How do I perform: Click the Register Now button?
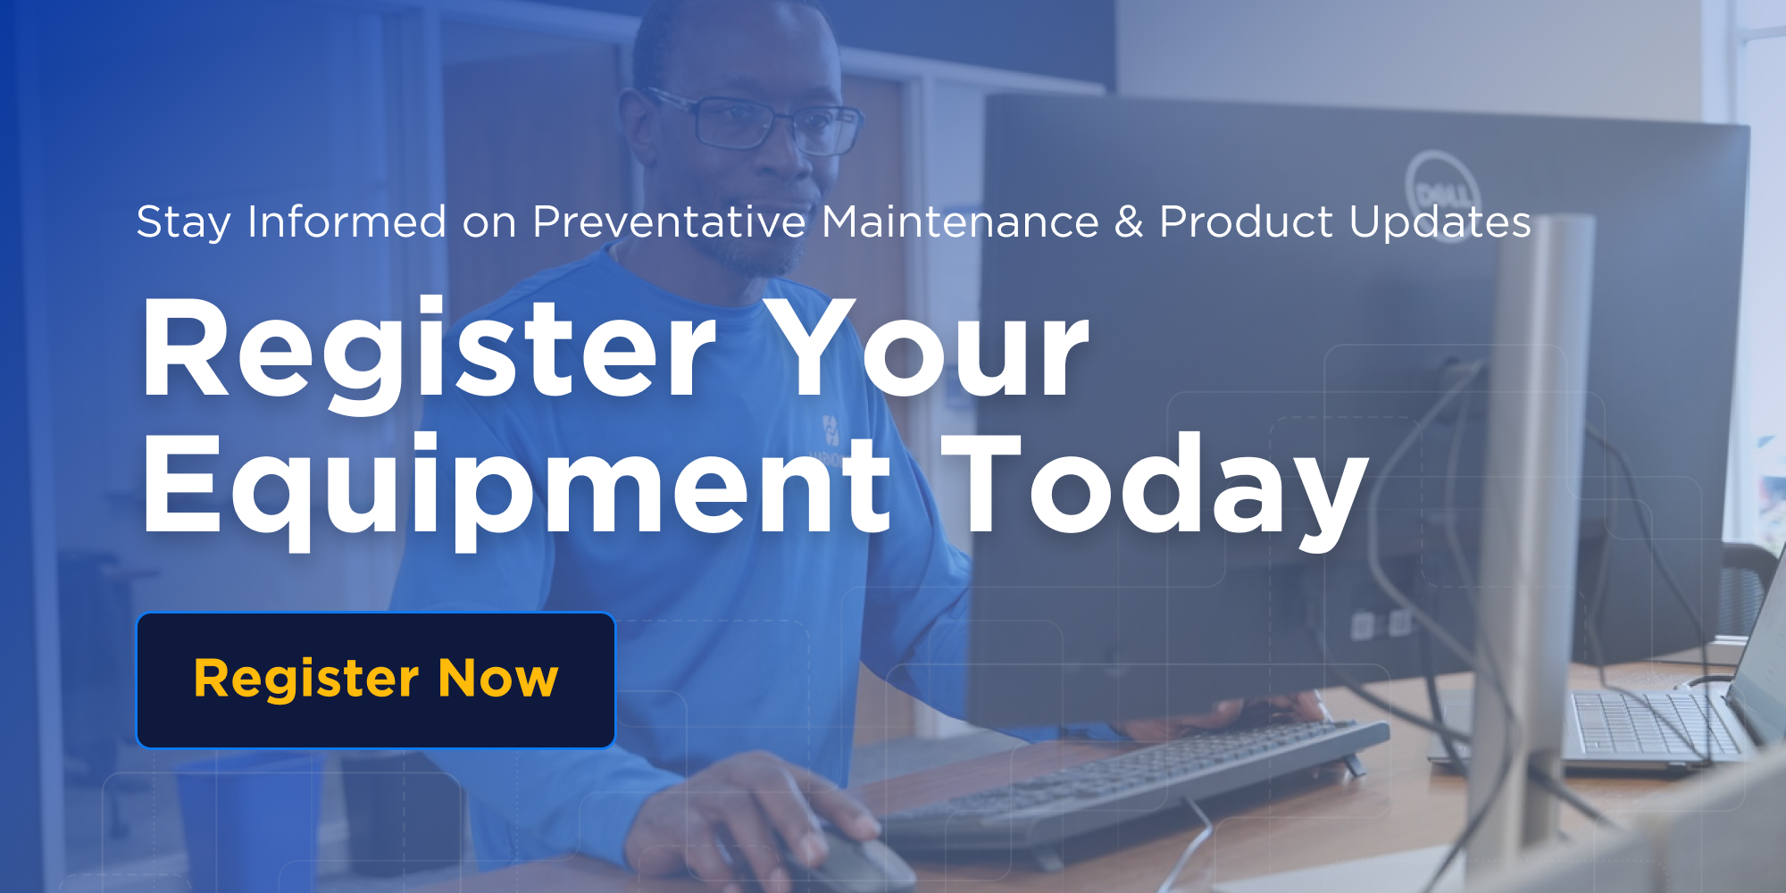click(x=376, y=680)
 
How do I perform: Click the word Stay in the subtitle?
click(x=184, y=222)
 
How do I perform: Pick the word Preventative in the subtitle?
click(x=669, y=221)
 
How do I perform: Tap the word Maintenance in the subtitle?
click(x=960, y=221)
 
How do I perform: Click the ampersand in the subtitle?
click(x=1129, y=222)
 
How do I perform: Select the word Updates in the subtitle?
click(x=1440, y=221)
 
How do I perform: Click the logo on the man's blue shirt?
click(x=830, y=430)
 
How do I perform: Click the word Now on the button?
click(x=498, y=679)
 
